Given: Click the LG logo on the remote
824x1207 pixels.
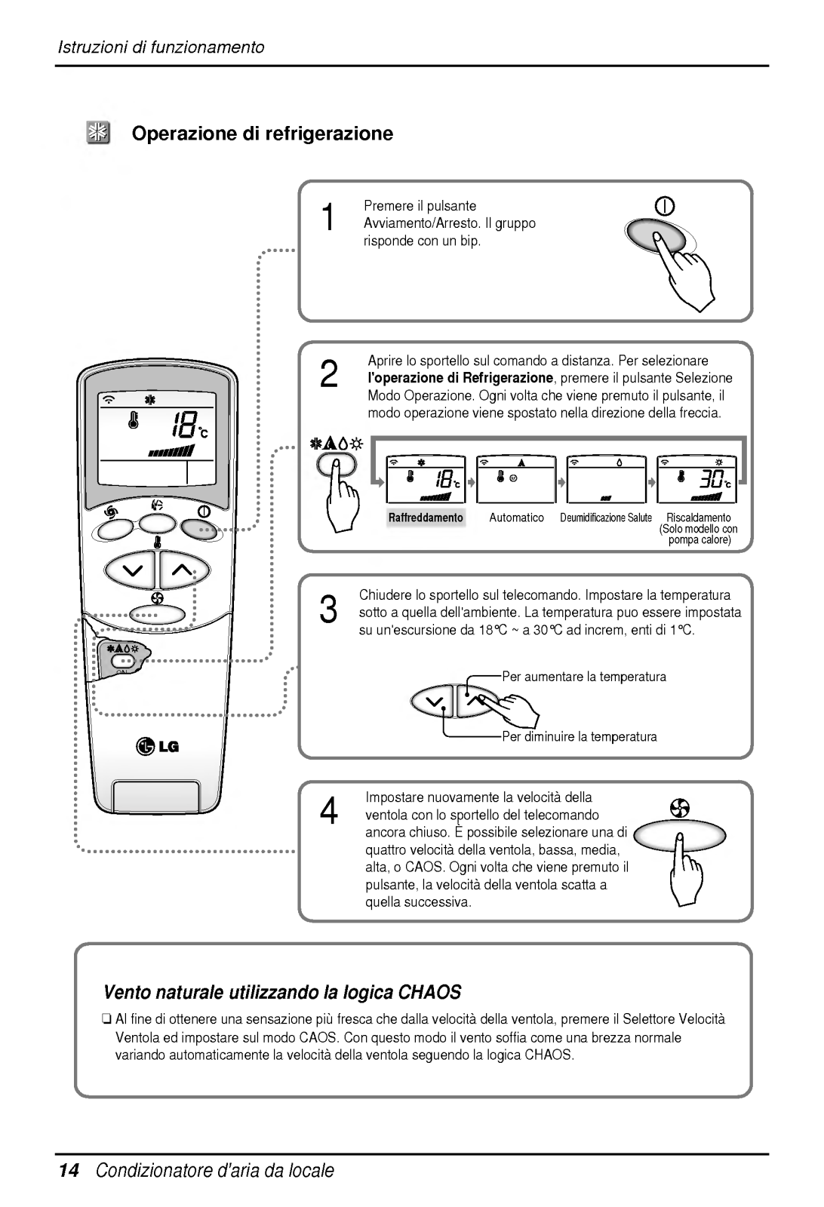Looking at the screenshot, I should pos(158,747).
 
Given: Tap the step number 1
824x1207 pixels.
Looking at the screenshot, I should pos(327,217).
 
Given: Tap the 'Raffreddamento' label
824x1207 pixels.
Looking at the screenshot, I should pos(426,518).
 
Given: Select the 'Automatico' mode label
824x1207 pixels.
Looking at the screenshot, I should pos(516,518).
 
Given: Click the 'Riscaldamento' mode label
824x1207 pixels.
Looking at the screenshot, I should pos(699,518).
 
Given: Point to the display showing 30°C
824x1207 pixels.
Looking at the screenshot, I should pos(699,479).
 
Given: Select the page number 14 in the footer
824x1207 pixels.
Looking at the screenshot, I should pos(68,1171).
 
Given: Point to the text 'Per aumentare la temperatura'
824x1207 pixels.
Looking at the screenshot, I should pos(584,677).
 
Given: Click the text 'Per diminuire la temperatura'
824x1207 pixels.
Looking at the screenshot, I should pos(580,736).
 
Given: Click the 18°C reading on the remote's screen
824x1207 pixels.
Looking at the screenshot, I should pos(184,425).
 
